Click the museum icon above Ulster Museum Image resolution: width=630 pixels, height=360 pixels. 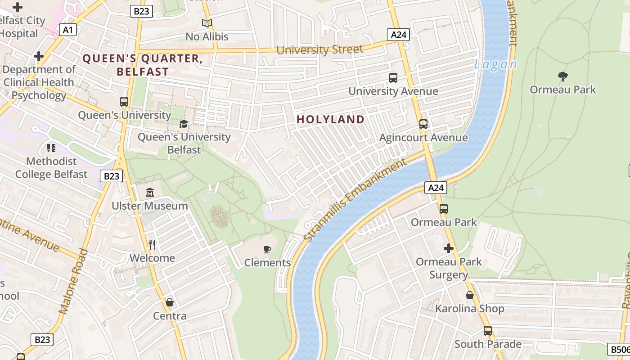tap(150, 193)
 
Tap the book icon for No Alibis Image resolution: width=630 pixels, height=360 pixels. tap(207, 23)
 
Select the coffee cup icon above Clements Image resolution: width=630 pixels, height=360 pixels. tap(267, 249)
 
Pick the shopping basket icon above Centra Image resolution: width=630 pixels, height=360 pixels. tap(170, 302)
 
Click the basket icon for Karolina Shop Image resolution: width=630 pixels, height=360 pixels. tap(470, 295)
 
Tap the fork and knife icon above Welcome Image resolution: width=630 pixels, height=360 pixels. tap(152, 244)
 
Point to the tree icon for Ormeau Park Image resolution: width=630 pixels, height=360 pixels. tap(562, 76)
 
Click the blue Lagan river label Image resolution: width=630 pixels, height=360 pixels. tap(495, 65)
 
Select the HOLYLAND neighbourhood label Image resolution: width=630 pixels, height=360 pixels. tap(331, 119)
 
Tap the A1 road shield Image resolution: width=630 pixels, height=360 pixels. tap(67, 30)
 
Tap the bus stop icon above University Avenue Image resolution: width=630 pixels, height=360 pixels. tap(393, 78)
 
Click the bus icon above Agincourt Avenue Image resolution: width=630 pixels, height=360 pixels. tap(423, 124)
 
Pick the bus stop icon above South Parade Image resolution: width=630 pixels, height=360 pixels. tap(488, 331)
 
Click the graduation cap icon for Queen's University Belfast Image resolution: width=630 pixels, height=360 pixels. tap(184, 124)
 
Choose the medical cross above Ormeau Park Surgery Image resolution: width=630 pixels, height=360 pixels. tap(449, 248)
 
